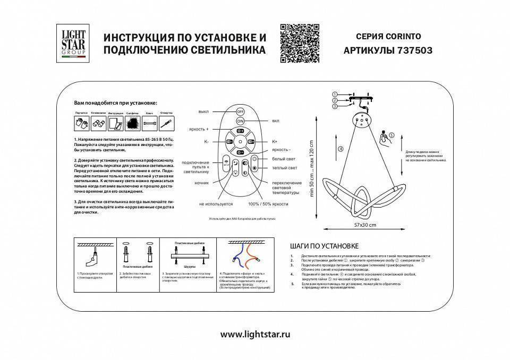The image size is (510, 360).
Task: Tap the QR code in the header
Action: point(299,44)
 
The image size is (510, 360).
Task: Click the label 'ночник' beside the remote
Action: point(202,182)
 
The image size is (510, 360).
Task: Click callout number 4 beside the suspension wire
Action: point(341,149)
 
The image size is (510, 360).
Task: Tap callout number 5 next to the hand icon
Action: point(392,135)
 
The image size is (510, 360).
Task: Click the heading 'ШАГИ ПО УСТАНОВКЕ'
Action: point(325,246)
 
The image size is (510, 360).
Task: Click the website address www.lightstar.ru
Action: point(255,335)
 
